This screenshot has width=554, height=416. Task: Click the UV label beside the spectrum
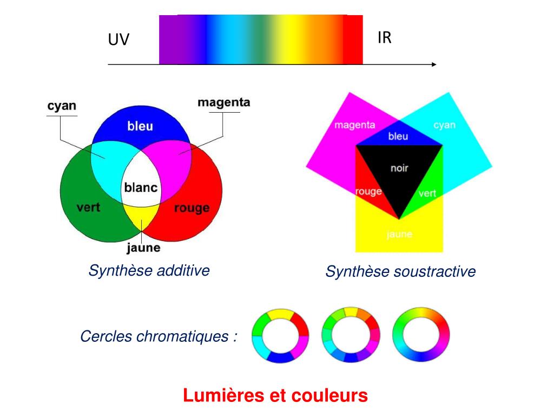point(118,40)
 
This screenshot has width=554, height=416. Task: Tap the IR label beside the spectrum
point(384,38)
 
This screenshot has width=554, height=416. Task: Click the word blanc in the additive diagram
point(141,188)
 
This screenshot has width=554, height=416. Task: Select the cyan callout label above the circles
point(61,106)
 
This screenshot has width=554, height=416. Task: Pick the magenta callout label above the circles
point(223,102)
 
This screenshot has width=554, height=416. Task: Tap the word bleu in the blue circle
point(140,127)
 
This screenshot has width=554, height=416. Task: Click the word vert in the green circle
point(88,207)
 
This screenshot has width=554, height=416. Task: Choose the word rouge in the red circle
point(192,209)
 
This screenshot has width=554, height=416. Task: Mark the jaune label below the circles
point(143,249)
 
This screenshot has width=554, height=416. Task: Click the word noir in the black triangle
point(399,168)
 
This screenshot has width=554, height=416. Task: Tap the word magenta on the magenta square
point(354,125)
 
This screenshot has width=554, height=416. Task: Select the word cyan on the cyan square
point(444,125)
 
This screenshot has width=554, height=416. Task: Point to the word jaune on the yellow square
point(399,235)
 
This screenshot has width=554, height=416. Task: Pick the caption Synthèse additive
point(149,270)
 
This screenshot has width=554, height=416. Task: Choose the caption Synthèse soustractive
point(400,272)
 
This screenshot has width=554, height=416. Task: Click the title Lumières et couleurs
point(275,396)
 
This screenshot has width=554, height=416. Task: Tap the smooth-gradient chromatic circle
point(421,335)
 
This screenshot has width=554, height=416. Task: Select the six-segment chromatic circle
point(280,335)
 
